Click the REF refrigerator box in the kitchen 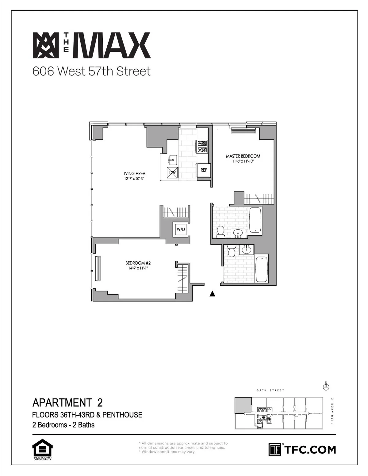click(204, 170)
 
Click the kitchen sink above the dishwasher click(172, 160)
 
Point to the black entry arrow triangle click(212, 294)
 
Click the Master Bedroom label click(243, 156)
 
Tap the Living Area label click(134, 173)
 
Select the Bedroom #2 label click(138, 263)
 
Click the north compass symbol click(326, 387)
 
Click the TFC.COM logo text click(310, 450)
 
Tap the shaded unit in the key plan click(243, 406)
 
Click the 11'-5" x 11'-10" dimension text click(243, 161)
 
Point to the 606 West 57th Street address click(92, 71)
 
